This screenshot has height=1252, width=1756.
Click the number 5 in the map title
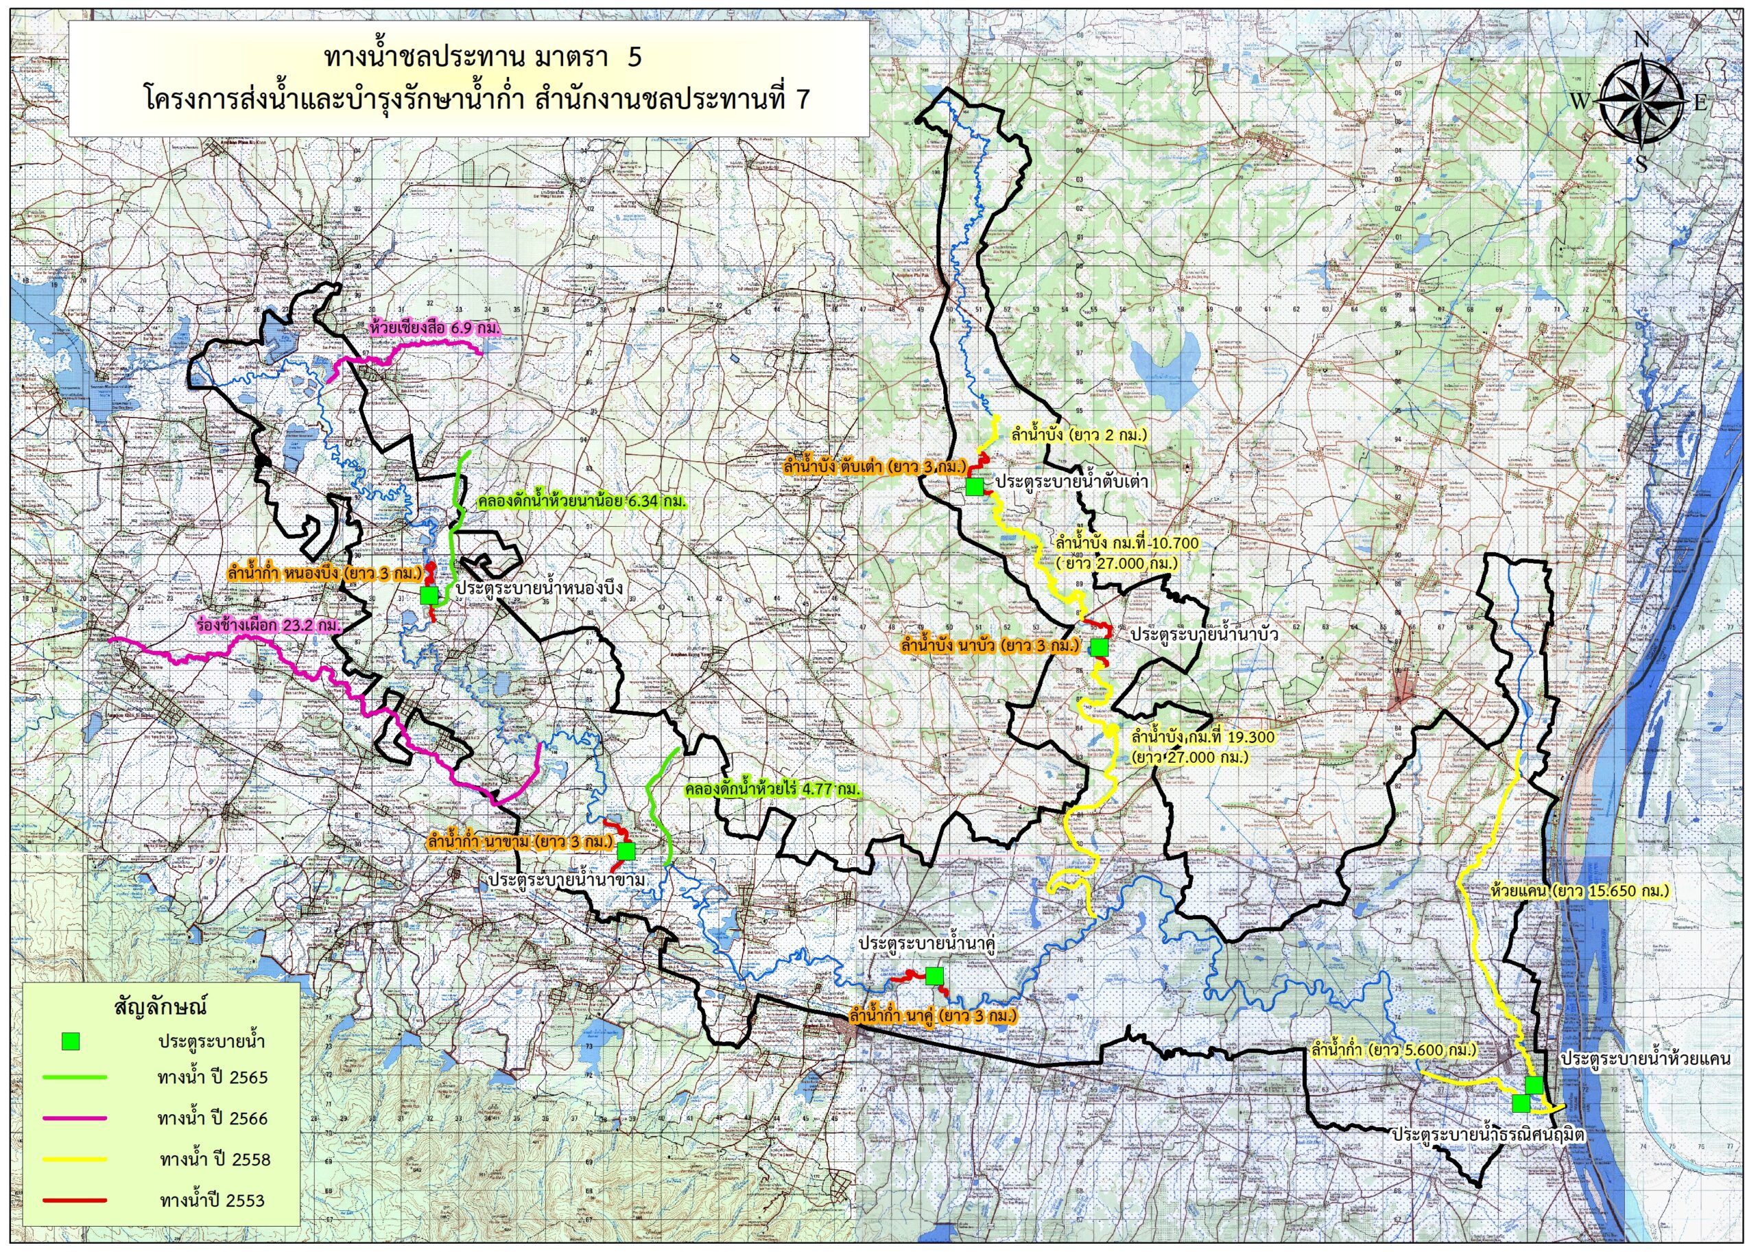[x=634, y=57]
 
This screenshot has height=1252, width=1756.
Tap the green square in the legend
[x=71, y=1041]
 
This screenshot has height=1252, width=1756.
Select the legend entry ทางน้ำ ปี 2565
[x=212, y=1077]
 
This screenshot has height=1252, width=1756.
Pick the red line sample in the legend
[x=75, y=1201]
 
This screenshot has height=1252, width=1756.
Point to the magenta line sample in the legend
[x=75, y=1118]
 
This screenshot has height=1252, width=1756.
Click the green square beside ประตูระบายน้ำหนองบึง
[x=429, y=595]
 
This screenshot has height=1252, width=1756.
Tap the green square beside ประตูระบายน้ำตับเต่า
[x=974, y=486]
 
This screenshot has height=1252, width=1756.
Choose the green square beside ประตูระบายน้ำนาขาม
[x=626, y=851]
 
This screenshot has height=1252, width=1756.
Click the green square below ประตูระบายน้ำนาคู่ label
[x=934, y=976]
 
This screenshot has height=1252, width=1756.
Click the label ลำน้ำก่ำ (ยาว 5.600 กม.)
[x=1394, y=1050]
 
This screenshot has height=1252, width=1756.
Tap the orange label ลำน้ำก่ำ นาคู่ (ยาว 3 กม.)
[x=932, y=1016]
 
